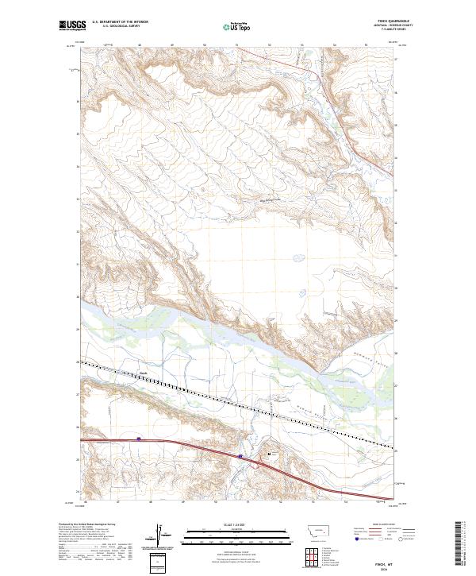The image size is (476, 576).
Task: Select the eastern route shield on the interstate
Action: tap(240, 455)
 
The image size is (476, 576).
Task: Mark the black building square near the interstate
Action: tap(270, 454)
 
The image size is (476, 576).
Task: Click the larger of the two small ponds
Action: tap(298, 257)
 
